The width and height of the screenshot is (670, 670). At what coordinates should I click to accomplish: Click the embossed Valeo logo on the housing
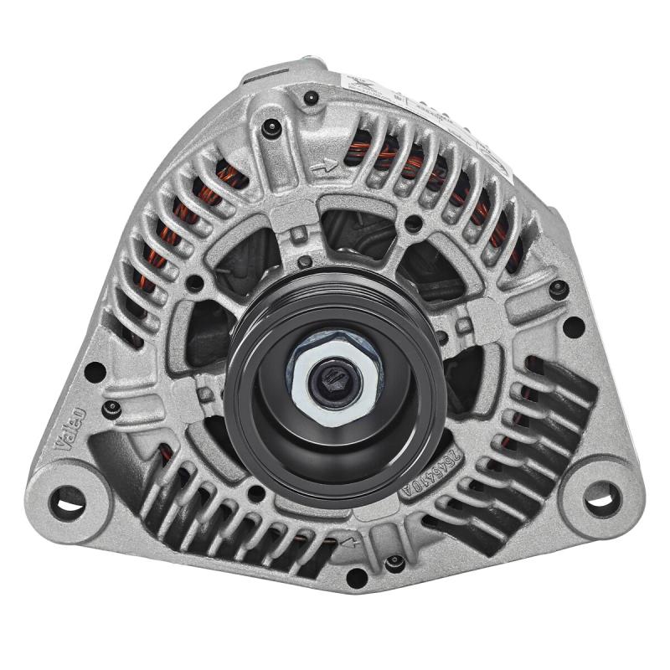70,428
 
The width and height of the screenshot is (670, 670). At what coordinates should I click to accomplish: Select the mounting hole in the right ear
602,499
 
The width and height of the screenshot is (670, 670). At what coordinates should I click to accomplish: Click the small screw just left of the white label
312,99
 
